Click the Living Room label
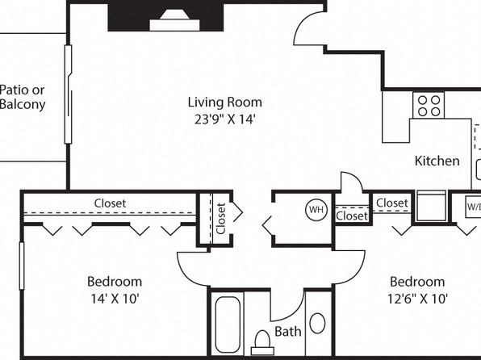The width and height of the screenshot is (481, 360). pos(225,103)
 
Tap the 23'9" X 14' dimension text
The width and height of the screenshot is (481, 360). pos(225,119)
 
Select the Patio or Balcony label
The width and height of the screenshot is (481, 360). pos(23,97)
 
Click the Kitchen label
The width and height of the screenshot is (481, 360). pos(437,161)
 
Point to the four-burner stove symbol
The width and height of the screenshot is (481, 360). pos(429,105)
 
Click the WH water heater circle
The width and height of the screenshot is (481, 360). pos(316,210)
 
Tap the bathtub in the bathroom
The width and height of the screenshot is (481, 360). pos(228,324)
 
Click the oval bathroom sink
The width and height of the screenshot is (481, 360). pos(317,323)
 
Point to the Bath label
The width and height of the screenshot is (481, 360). pos(288,332)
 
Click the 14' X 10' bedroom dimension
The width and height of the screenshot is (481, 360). pos(115,299)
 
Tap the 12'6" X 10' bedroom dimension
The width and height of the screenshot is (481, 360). pos(417,299)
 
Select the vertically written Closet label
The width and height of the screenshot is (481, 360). pos(221,218)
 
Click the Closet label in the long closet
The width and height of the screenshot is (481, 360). pos(110,203)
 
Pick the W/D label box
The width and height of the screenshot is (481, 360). pos(473,207)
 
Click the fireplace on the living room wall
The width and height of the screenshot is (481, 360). pos(165,17)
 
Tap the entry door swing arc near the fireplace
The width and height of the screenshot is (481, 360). pos(303,24)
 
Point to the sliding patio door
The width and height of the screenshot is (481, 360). pos(68,94)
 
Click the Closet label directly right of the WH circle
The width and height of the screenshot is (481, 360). pos(352,216)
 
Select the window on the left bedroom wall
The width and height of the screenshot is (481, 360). pos(22,266)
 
